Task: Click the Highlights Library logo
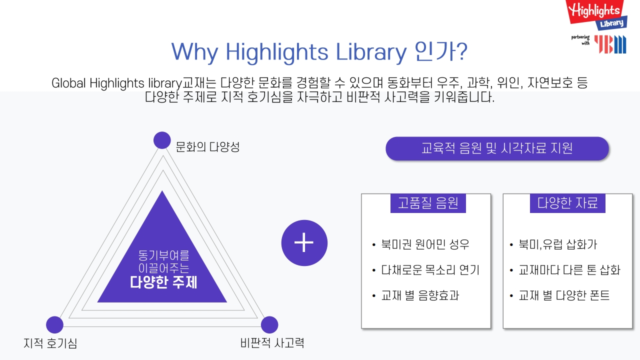click(x=596, y=15)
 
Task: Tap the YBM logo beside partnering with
click(x=610, y=44)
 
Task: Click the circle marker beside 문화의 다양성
click(x=162, y=140)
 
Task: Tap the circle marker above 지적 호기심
click(x=54, y=324)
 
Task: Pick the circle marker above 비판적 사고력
click(x=269, y=324)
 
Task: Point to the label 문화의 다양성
click(x=207, y=147)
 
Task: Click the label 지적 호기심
click(x=50, y=343)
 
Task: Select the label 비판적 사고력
click(x=272, y=343)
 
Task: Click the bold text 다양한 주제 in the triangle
click(x=163, y=282)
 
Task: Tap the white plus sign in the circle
click(x=304, y=242)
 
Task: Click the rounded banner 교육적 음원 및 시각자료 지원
click(x=497, y=148)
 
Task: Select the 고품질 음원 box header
click(x=428, y=203)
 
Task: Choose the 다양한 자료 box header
click(x=567, y=203)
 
